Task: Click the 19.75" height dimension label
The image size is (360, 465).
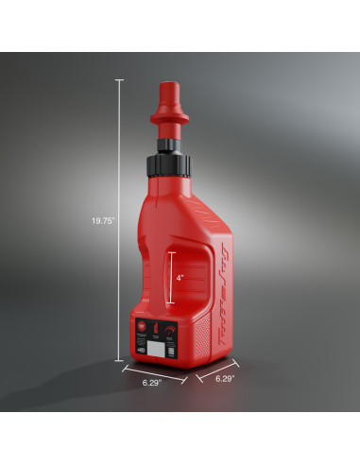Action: [103, 220]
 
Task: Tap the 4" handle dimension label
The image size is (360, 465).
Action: [180, 278]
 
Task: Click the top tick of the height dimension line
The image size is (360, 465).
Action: [119, 79]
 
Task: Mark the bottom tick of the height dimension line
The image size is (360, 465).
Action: [119, 360]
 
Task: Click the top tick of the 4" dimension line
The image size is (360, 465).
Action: [169, 252]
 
